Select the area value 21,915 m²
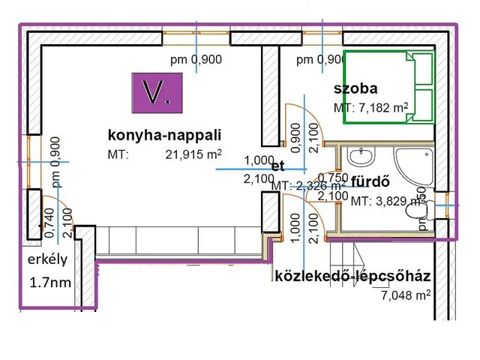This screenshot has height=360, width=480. pyautogui.click(x=193, y=154)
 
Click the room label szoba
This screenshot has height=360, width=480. pyautogui.click(x=355, y=89)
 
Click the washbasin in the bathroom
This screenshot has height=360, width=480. pyautogui.click(x=363, y=156)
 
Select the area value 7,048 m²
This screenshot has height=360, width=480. pyautogui.click(x=406, y=295)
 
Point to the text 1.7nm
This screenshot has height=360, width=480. pyautogui.click(x=50, y=283)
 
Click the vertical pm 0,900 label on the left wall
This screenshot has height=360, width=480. pyautogui.click(x=55, y=162)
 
